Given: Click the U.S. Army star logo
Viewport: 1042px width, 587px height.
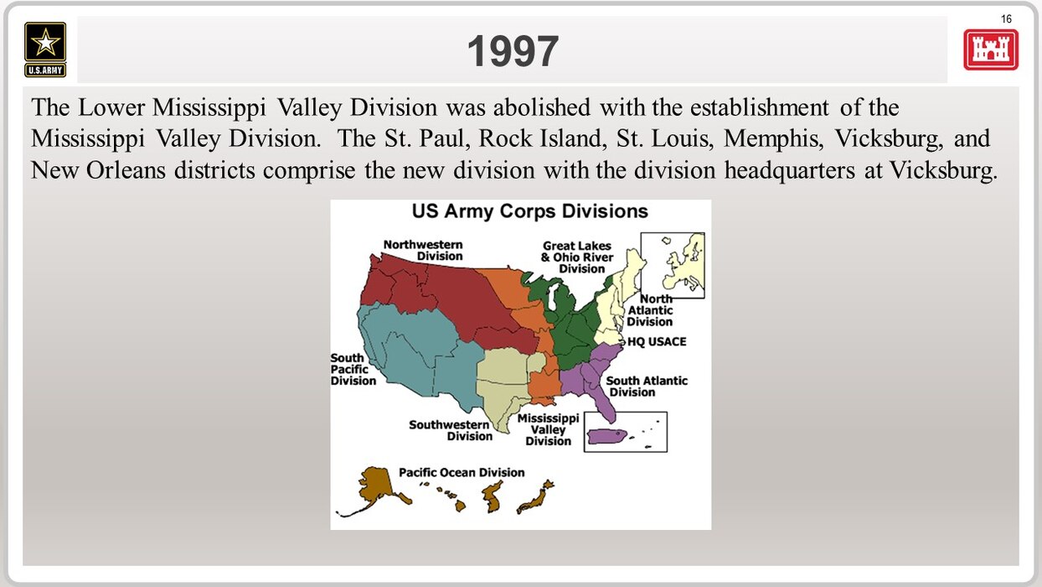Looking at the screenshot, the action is pos(45,49).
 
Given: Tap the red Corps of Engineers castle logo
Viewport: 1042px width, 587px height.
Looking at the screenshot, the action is pos(991,49).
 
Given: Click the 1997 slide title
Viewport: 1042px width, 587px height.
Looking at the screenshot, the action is pos(513,51).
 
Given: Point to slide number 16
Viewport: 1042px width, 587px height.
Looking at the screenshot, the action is pos(1006,19).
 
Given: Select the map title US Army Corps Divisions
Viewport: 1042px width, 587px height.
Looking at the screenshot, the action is pos(530,211).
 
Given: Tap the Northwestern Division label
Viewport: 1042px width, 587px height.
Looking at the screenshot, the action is pos(423,250).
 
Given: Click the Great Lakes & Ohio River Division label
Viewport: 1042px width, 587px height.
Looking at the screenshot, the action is pos(577,257).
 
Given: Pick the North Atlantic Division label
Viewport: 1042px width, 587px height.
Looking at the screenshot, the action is pos(650,310).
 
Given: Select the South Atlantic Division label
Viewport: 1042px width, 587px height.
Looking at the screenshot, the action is pos(647,387).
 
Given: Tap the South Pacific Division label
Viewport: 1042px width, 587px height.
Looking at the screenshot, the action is pos(353,370).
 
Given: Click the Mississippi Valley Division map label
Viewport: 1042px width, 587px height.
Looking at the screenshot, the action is pos(548,429).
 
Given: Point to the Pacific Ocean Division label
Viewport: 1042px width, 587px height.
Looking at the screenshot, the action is pos(462,472).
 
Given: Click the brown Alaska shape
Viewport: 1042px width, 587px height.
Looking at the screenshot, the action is pos(374,489).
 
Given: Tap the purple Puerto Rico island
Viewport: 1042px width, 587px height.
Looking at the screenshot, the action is pos(607,437).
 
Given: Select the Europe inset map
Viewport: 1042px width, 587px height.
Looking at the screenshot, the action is pos(673,266).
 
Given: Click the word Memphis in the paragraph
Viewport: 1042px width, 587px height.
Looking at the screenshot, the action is pos(773,138).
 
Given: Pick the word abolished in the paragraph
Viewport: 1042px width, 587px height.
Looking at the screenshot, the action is pos(541,107).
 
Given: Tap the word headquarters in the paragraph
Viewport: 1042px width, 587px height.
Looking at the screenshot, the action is pos(789,170).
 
